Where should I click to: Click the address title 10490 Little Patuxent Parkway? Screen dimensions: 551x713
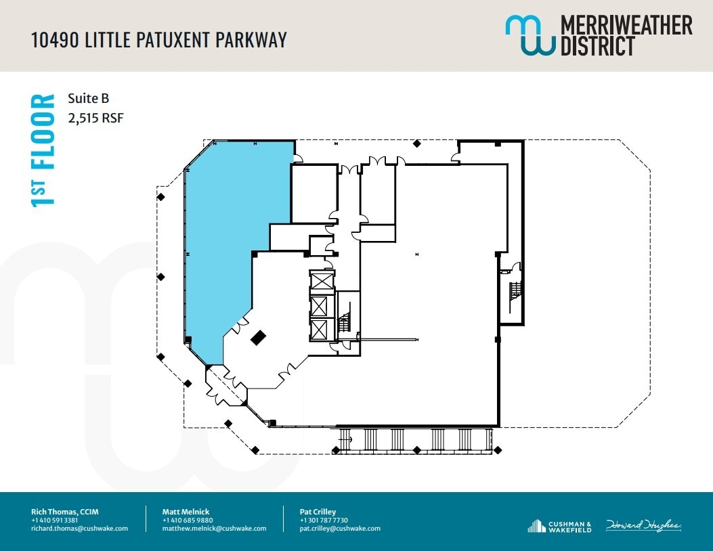point(159,39)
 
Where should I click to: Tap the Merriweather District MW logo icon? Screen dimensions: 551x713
point(530,35)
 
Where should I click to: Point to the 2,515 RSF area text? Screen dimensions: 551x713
point(95,118)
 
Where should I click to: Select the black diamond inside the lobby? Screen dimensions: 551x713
point(258,338)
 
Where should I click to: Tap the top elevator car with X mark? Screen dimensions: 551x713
point(320,280)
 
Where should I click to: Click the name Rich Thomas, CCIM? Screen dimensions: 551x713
point(65,512)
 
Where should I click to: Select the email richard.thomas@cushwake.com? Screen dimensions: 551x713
point(79,529)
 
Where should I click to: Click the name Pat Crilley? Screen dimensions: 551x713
point(318,512)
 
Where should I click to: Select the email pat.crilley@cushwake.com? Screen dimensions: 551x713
point(340,529)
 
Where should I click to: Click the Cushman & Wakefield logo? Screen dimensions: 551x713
point(559,525)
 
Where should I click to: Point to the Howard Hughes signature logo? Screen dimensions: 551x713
point(643,525)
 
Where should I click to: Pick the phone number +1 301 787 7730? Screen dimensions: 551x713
point(324,520)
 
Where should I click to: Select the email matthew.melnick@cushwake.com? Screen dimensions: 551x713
point(214,529)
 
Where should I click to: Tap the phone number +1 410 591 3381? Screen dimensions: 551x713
point(54,520)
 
